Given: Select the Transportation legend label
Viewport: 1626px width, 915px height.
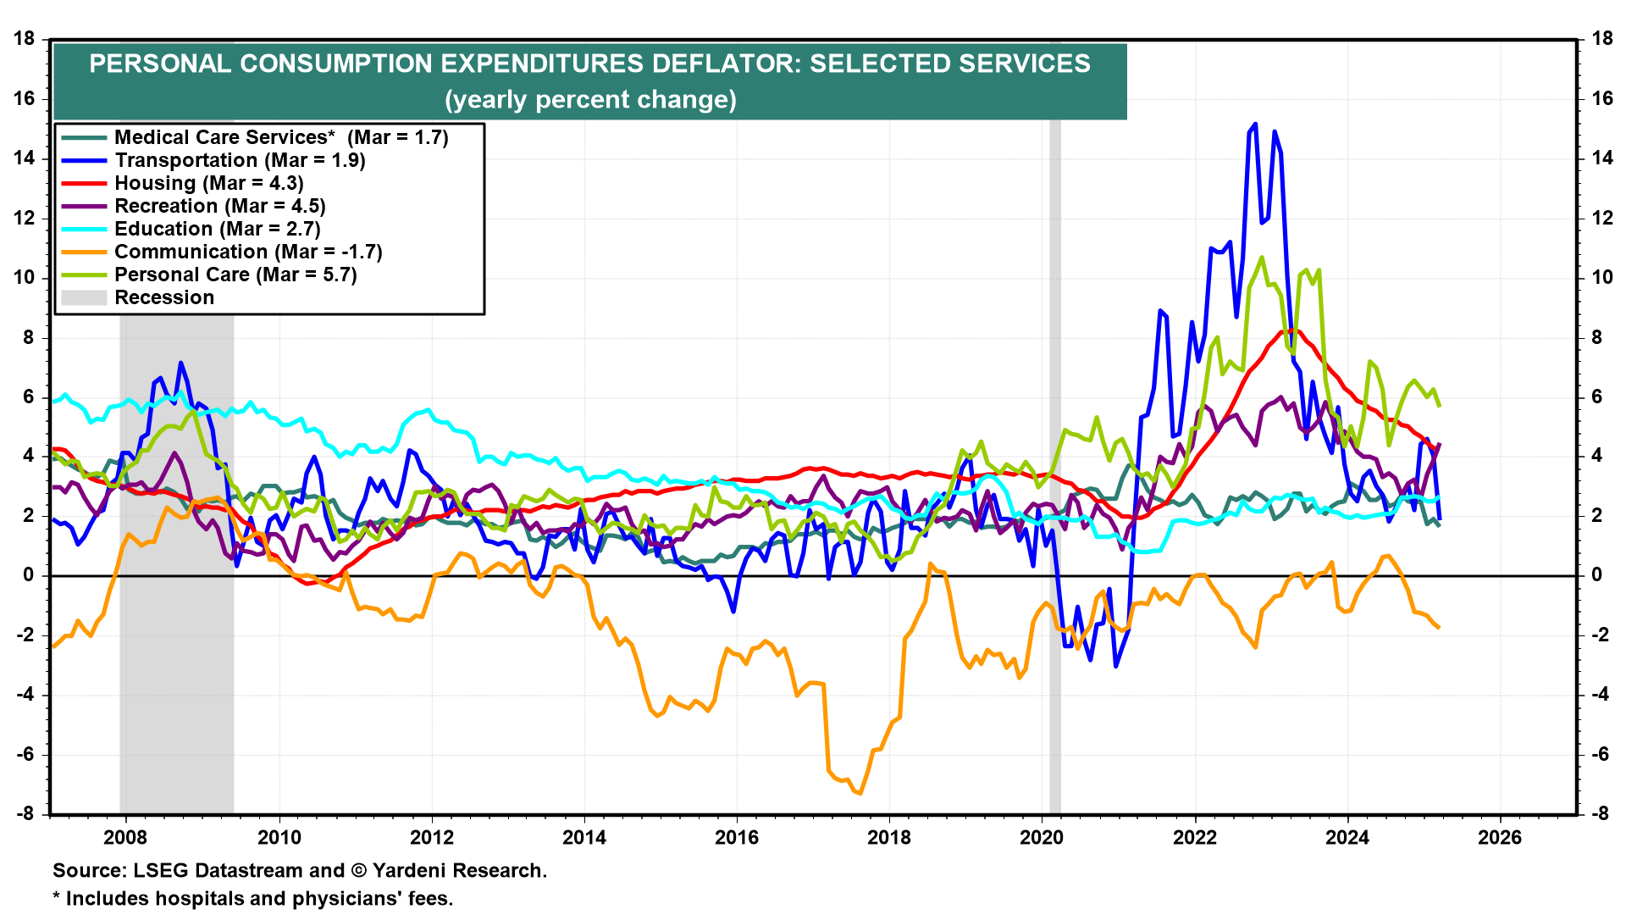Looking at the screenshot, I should coord(240,160).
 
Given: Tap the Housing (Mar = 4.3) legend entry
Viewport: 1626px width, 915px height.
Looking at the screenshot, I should coord(208,183).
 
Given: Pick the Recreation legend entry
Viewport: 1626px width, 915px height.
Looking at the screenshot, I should coord(219,206).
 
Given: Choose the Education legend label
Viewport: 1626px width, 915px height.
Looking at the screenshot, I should coord(217,229).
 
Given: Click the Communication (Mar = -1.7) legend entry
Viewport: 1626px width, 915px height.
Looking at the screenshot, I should coord(248,252).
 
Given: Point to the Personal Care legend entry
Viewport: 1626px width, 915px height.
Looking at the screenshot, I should coord(235,274).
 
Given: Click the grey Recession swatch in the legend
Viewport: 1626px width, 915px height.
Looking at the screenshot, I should coord(84,297).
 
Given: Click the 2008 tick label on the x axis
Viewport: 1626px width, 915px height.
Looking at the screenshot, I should coord(125,838).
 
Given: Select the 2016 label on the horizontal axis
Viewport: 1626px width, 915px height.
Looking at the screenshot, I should coord(737,838).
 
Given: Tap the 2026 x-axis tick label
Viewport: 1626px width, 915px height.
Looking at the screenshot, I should coord(1500,838).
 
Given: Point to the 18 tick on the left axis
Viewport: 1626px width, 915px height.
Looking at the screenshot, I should coord(25,39).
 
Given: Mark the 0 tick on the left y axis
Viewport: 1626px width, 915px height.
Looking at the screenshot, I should coord(30,575).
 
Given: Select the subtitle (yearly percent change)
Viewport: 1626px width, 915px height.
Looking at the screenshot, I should coord(590,100).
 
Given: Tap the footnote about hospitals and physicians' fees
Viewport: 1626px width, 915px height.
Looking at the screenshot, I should coord(252,899).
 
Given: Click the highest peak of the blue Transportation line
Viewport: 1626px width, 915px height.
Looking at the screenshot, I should coord(1254,124).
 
